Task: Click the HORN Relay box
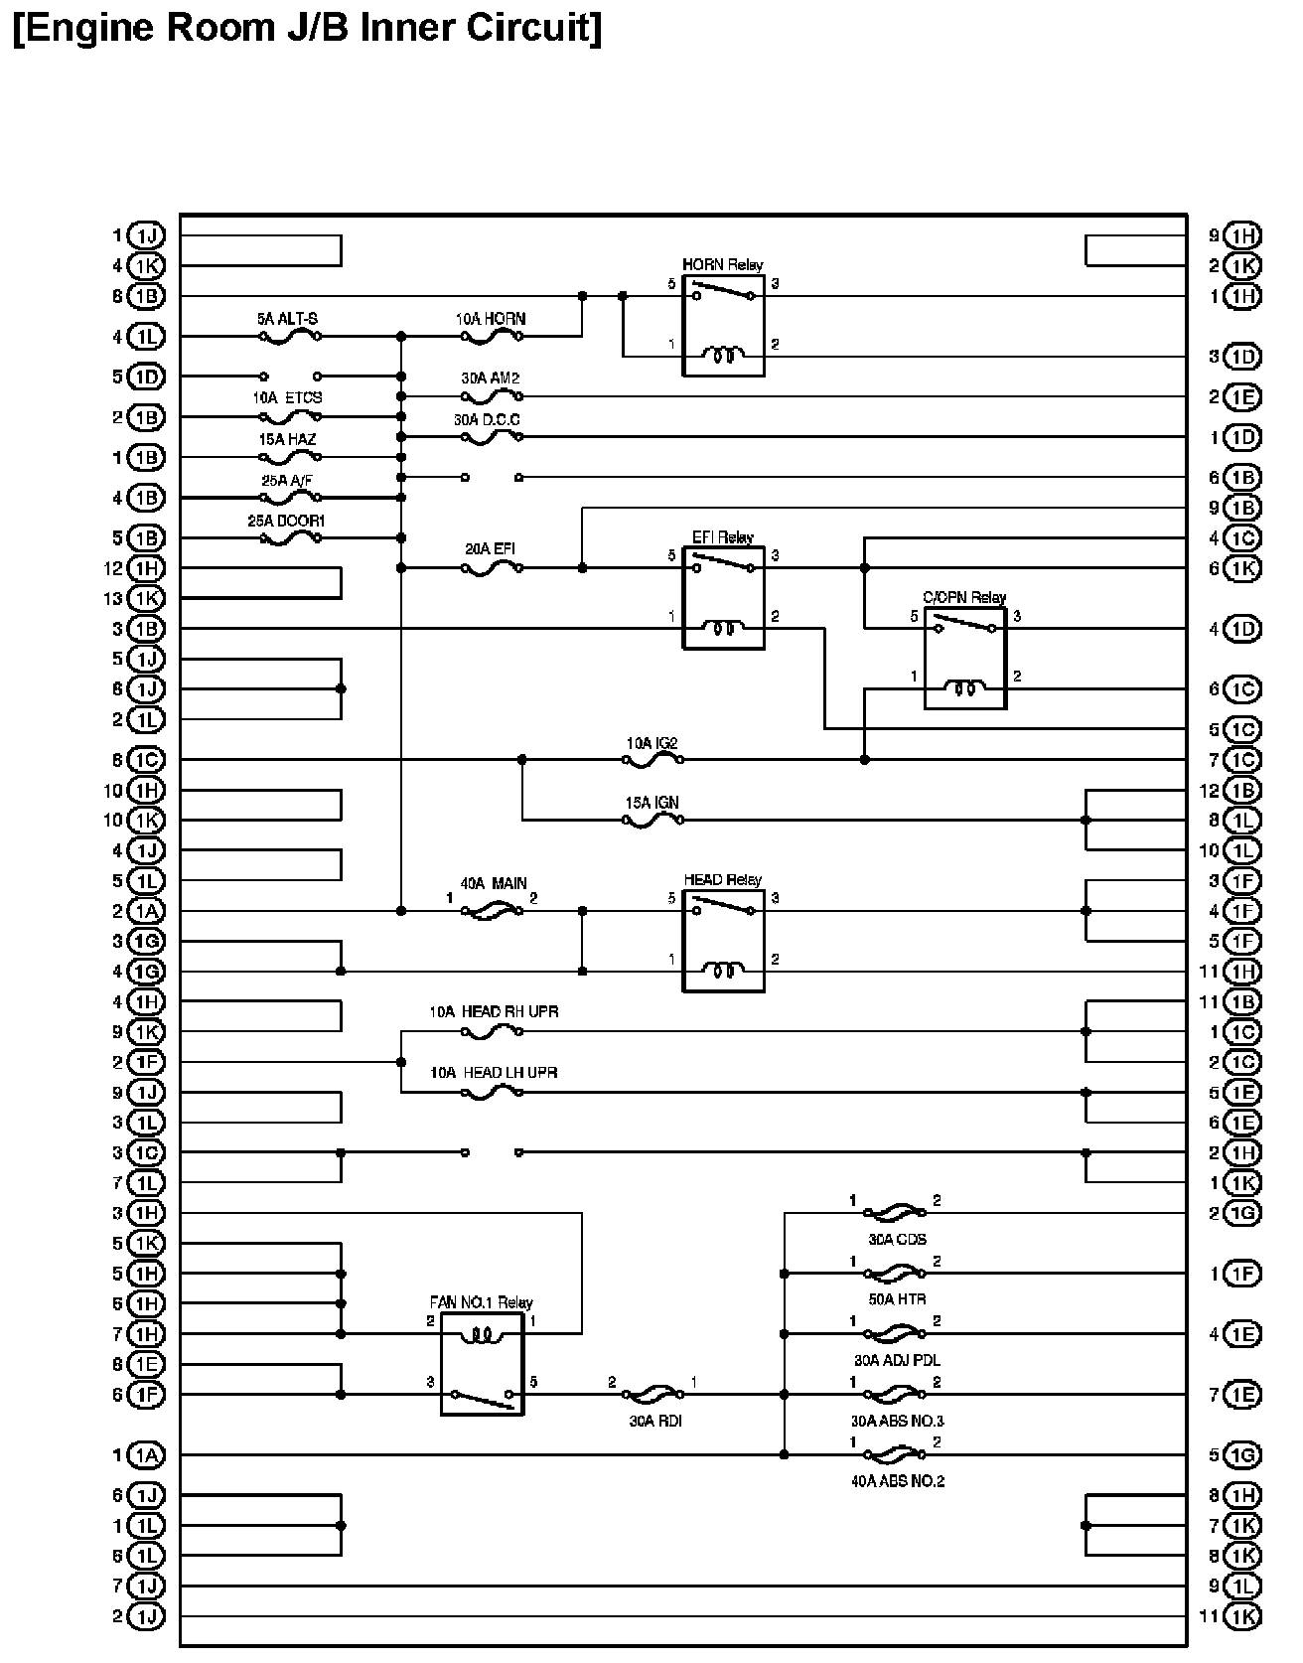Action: coord(723,326)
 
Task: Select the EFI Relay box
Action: coord(723,598)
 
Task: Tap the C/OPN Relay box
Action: coord(964,659)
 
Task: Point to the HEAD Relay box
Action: coord(723,941)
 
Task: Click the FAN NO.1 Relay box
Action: coord(482,1363)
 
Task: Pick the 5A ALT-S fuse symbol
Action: coord(289,337)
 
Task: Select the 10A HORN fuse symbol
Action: coord(492,337)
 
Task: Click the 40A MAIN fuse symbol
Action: coord(492,910)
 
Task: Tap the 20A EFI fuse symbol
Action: coord(492,568)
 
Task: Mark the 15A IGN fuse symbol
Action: coord(652,820)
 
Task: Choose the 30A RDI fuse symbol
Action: coord(655,1394)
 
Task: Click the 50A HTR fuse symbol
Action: coord(895,1274)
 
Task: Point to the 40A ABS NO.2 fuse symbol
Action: coord(895,1454)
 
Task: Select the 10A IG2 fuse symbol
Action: coord(652,760)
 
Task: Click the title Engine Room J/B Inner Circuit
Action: coord(308,27)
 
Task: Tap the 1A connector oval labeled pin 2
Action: coord(147,911)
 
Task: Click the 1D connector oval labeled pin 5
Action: coord(147,377)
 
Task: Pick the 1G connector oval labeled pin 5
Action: coord(1242,1455)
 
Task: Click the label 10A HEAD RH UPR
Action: coord(494,1012)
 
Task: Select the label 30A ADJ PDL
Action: coord(896,1360)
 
